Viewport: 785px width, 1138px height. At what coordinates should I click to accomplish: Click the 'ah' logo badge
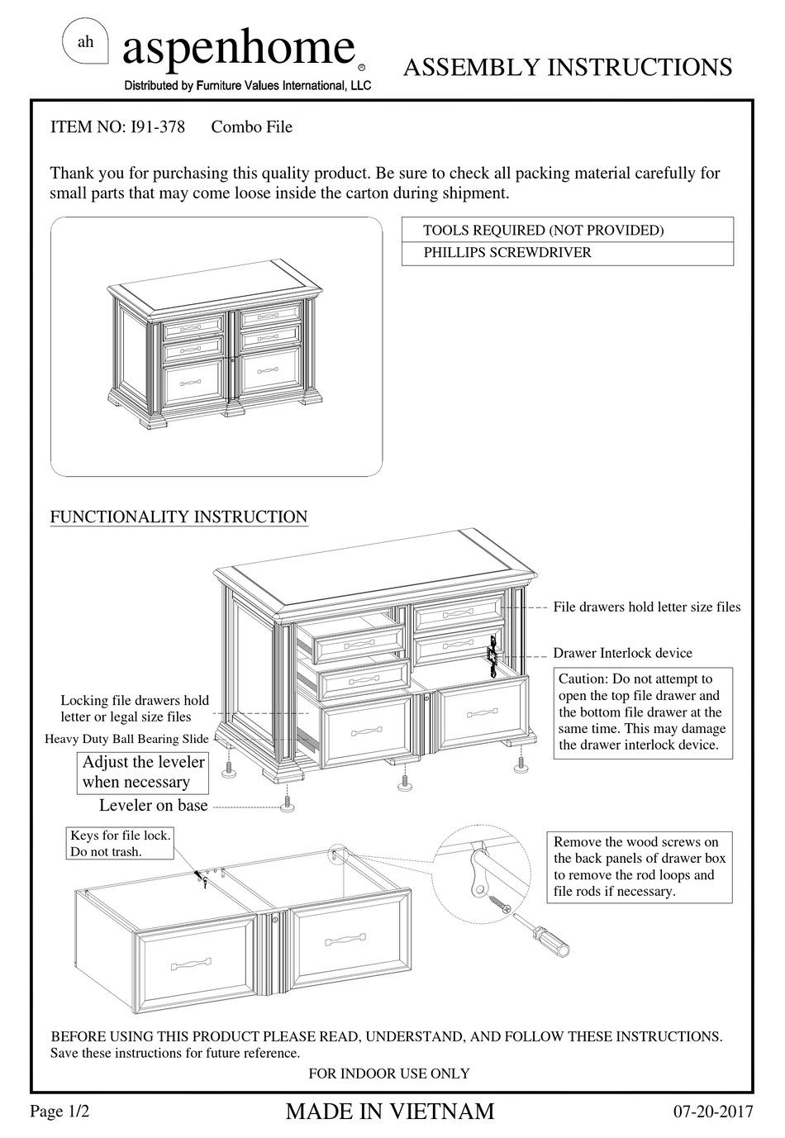click(85, 42)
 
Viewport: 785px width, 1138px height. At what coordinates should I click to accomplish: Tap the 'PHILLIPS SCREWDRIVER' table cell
click(507, 253)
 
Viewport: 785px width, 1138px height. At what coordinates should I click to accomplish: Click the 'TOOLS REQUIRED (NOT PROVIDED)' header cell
click(543, 231)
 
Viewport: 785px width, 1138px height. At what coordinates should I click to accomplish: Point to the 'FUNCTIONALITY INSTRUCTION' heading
click(178, 517)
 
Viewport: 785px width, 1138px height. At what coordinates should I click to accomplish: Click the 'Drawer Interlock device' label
click(622, 653)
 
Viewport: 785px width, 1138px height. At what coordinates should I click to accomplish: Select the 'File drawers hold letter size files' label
click(646, 607)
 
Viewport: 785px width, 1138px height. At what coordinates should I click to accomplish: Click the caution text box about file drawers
click(642, 712)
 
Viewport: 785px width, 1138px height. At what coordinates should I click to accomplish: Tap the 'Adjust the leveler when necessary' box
click(143, 773)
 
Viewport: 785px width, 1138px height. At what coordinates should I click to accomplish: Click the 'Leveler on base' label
click(154, 806)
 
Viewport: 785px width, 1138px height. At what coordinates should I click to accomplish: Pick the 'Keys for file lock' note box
click(120, 844)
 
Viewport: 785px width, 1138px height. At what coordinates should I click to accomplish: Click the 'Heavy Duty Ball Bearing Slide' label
click(126, 740)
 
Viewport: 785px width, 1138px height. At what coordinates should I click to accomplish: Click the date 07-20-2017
click(714, 1112)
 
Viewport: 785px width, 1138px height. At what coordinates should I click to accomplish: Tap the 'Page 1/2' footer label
click(59, 1112)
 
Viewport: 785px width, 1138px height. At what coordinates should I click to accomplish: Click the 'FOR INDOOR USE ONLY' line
click(388, 1074)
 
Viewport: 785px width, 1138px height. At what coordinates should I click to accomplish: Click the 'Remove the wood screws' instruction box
click(641, 867)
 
